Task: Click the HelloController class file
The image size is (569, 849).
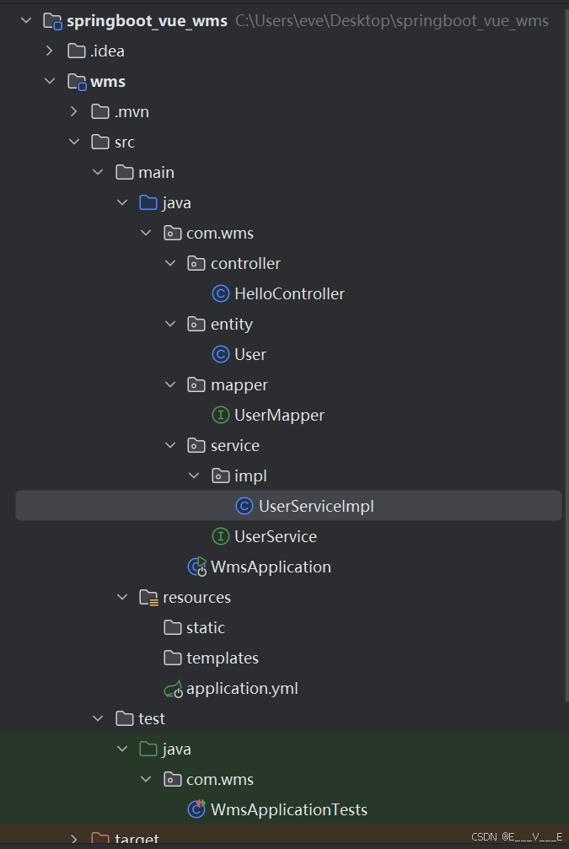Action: click(289, 294)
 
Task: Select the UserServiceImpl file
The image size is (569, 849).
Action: click(316, 506)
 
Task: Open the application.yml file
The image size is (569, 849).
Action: click(242, 689)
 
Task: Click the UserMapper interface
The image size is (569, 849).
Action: click(279, 416)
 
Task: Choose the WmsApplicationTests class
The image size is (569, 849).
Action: click(289, 810)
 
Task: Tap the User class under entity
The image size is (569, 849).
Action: click(250, 355)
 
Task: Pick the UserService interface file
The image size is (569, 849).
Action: click(276, 537)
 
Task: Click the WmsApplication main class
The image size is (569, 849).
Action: click(271, 567)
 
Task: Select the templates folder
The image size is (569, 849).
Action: click(223, 658)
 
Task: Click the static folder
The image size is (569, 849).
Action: click(206, 628)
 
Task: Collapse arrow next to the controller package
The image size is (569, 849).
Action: click(171, 264)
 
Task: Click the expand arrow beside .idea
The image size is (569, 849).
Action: click(51, 51)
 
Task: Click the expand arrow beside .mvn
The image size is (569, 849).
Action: click(74, 112)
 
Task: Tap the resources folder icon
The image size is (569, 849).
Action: click(149, 598)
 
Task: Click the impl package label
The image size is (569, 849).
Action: click(250, 476)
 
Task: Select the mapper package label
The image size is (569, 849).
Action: click(239, 385)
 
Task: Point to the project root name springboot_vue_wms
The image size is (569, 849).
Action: click(147, 21)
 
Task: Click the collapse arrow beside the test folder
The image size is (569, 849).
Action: click(99, 719)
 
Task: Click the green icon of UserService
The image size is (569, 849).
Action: click(220, 537)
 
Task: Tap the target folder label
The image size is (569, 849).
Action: click(137, 840)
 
